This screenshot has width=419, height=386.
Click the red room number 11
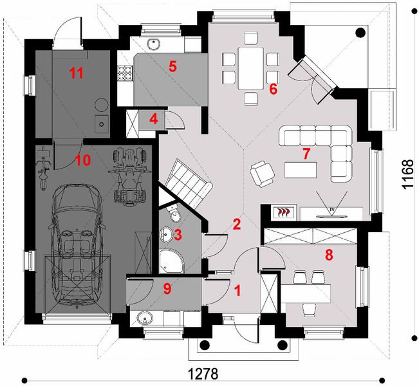point(77,73)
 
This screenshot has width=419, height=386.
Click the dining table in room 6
point(250,68)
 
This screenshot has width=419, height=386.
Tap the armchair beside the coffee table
point(263,174)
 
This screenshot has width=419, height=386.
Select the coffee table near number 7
point(301,170)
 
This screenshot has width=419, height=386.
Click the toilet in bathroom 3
point(174,214)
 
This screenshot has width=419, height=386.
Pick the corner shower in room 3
point(172,261)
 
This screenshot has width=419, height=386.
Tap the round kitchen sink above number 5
point(154,44)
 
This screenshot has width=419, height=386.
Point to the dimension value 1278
point(203,374)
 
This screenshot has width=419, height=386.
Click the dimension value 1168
point(407,174)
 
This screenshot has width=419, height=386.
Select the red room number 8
point(329,255)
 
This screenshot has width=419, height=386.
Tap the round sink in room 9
point(145,318)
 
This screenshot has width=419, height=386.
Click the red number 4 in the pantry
point(154,119)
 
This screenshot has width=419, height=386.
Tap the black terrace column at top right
point(361,33)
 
